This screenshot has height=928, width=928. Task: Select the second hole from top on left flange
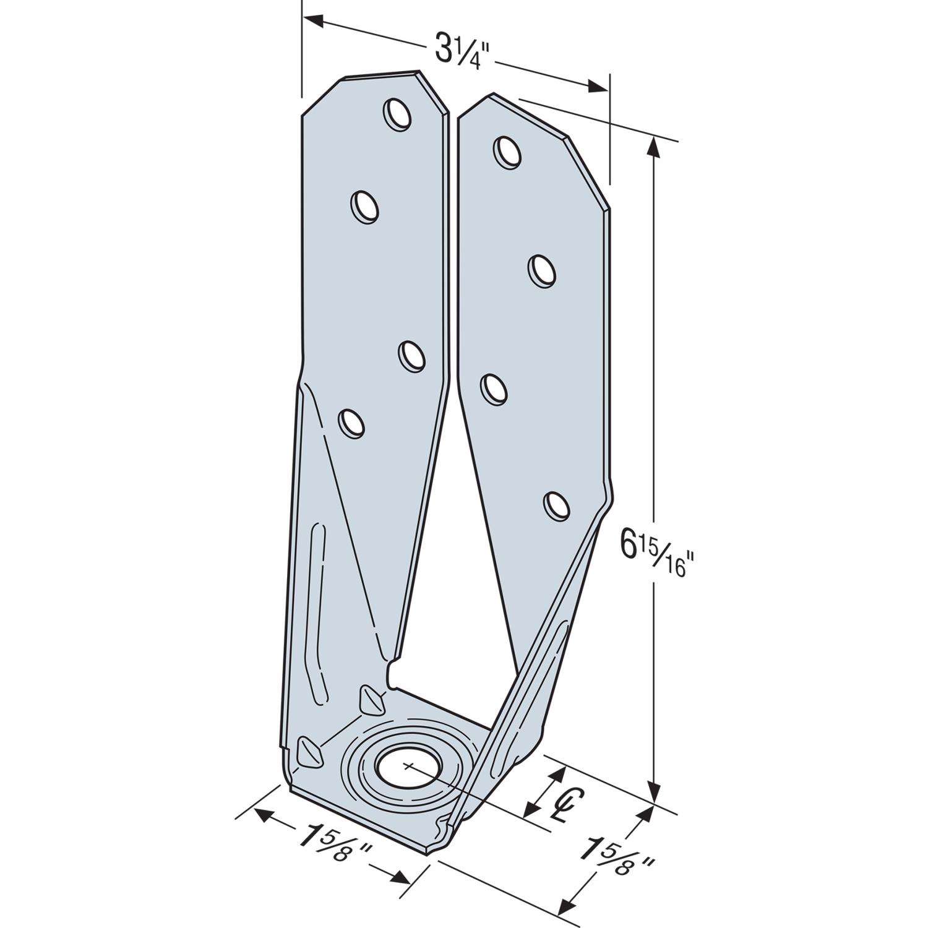tap(365, 206)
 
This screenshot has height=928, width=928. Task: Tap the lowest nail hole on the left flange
tap(351, 424)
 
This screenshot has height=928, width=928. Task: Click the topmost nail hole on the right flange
tap(507, 151)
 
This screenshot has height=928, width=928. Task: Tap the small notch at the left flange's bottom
tap(390, 674)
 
